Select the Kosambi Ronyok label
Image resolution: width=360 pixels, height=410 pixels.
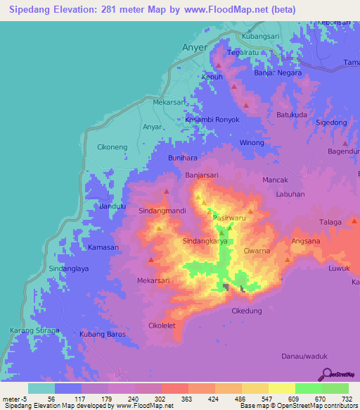tap(212, 120)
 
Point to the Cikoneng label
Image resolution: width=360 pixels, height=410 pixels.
tap(111, 148)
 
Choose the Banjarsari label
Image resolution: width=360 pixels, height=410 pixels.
tap(203, 175)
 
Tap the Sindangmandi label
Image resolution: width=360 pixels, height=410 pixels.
tap(162, 211)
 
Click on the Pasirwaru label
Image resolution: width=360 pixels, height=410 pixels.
tap(230, 218)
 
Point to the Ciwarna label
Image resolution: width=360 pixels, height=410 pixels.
tap(257, 250)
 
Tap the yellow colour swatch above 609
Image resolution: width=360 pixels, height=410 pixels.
tap(281, 388)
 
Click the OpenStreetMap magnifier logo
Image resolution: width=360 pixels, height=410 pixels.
tap(325, 374)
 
